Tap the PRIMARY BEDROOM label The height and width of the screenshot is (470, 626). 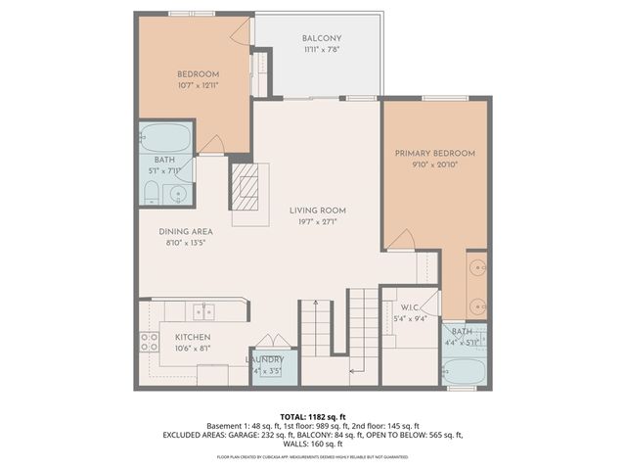click(x=434, y=154)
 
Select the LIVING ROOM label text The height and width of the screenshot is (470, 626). click(x=317, y=211)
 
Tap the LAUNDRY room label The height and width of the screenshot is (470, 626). click(x=264, y=360)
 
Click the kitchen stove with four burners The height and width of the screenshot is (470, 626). click(x=150, y=343)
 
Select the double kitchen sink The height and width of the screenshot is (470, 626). click(x=203, y=312)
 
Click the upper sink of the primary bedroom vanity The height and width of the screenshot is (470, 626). click(x=477, y=265)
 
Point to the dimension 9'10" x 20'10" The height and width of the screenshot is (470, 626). click(x=434, y=165)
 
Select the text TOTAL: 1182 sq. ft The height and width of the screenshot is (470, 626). click(x=312, y=416)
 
